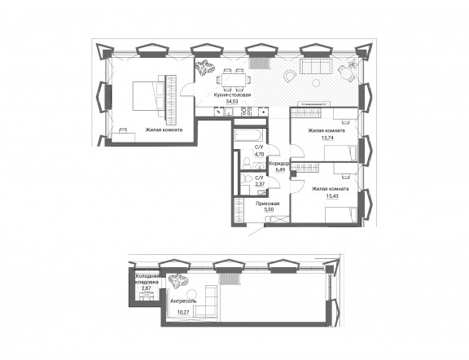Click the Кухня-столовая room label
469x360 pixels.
click(232, 95)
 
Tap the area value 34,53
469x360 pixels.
click(232, 102)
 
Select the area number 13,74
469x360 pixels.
click(327, 138)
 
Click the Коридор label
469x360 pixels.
click(278, 164)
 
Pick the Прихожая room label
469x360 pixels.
click(267, 204)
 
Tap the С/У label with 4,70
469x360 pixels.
click(259, 147)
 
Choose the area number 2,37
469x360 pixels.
click(259, 184)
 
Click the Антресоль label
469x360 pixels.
click(183, 301)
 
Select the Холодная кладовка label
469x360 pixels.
click(147, 279)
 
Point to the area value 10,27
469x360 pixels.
click(183, 313)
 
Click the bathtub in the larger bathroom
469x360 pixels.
click(248, 135)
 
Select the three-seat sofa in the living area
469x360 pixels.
click(316, 66)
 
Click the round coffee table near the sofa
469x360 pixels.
click(316, 83)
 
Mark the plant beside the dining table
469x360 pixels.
click(205, 68)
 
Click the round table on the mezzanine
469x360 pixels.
click(191, 293)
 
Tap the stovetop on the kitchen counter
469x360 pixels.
click(246, 112)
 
